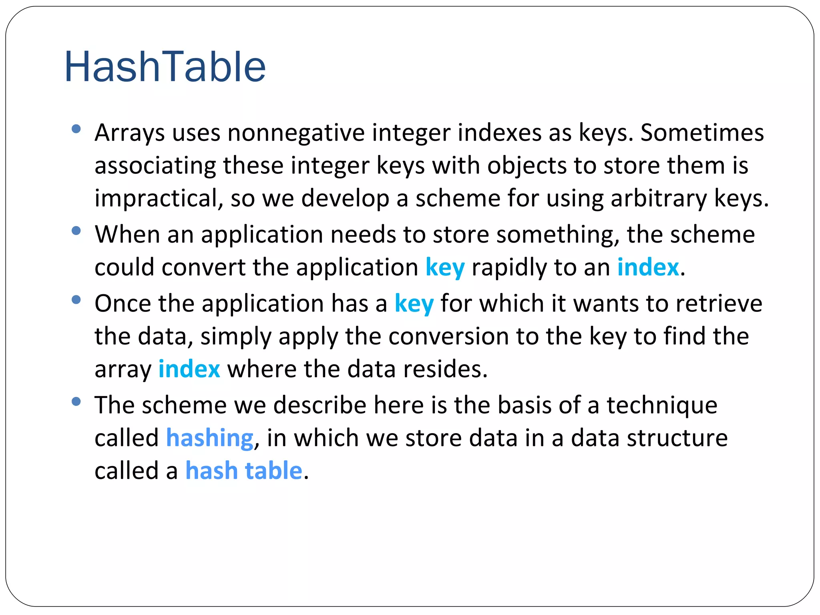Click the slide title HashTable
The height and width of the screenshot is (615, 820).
[165, 67]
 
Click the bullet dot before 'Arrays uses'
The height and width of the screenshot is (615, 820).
[76, 129]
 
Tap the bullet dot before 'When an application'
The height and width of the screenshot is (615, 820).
[76, 231]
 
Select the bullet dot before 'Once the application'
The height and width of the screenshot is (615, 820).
[76, 300]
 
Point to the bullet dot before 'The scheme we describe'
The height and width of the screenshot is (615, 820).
[76, 402]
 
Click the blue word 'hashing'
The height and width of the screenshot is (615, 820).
[210, 438]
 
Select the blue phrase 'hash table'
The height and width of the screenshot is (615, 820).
[243, 470]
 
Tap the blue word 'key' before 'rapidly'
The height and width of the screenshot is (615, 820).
[445, 267]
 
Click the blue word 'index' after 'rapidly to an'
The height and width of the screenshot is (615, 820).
[648, 267]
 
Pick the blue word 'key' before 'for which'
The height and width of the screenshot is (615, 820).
[414, 304]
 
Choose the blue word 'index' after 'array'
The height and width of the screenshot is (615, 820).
[189, 369]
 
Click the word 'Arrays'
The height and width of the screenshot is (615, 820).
[129, 133]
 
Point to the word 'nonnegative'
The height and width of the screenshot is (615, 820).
[296, 133]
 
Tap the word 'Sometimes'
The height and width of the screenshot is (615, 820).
[702, 133]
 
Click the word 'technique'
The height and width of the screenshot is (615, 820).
[662, 406]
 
